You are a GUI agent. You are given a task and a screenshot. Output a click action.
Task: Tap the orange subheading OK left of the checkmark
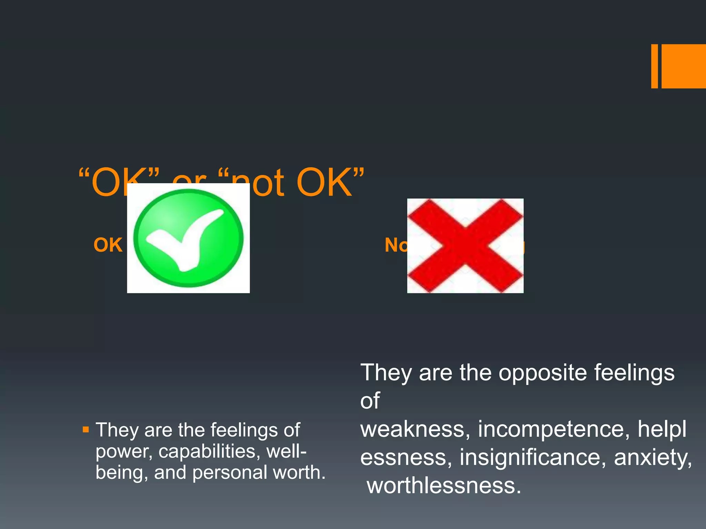click(x=108, y=245)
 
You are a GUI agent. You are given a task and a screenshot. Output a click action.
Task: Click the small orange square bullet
click(x=86, y=429)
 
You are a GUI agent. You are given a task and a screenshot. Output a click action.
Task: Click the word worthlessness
click(x=444, y=486)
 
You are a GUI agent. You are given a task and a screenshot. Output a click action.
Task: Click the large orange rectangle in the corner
click(x=684, y=66)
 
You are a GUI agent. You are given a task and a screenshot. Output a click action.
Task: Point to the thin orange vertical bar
click(x=654, y=66)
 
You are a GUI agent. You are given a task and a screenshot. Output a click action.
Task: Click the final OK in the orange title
click(x=324, y=183)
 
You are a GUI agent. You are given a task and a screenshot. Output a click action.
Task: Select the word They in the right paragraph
click(x=386, y=373)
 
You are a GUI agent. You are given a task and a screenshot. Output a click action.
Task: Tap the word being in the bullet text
click(x=122, y=473)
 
